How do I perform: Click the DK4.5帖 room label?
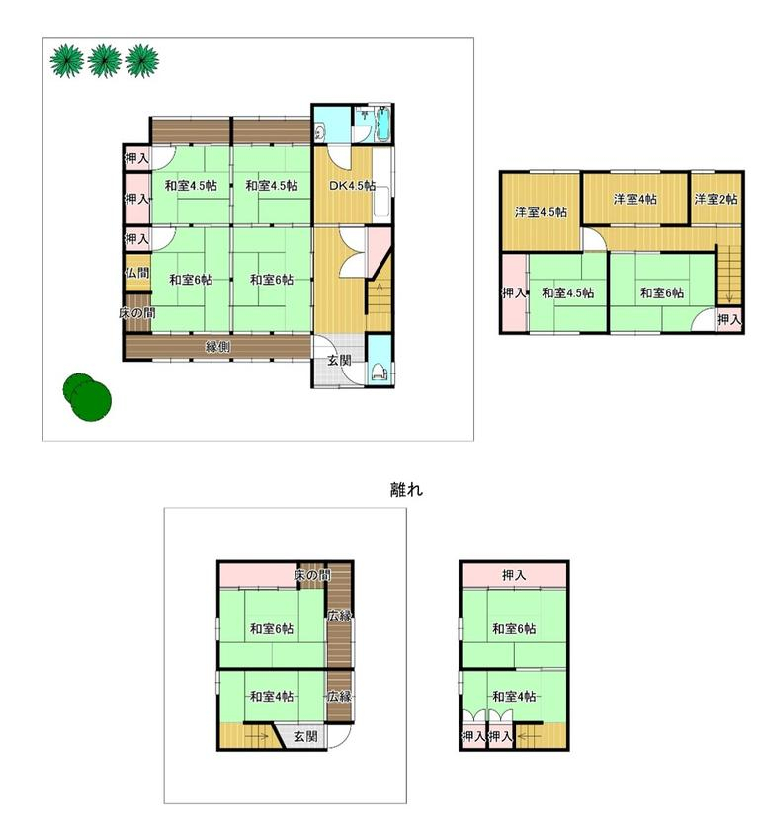click(352, 186)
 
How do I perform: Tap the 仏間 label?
click(137, 273)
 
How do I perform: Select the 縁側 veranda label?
click(217, 347)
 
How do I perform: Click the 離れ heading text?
click(406, 489)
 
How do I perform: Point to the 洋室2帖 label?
click(716, 199)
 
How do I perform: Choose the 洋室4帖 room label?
click(634, 199)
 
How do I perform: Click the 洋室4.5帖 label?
click(541, 212)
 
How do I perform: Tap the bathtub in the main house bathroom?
click(382, 124)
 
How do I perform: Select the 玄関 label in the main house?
click(339, 361)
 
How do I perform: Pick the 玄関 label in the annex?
click(305, 736)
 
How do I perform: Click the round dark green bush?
click(87, 397)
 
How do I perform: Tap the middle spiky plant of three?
click(105, 61)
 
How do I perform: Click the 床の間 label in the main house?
click(136, 313)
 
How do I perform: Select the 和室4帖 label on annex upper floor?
click(514, 697)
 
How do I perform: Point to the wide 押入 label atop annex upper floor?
click(514, 575)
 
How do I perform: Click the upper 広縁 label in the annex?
click(339, 616)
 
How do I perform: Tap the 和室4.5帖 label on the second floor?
click(568, 292)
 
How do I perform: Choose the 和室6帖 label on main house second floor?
click(662, 292)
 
